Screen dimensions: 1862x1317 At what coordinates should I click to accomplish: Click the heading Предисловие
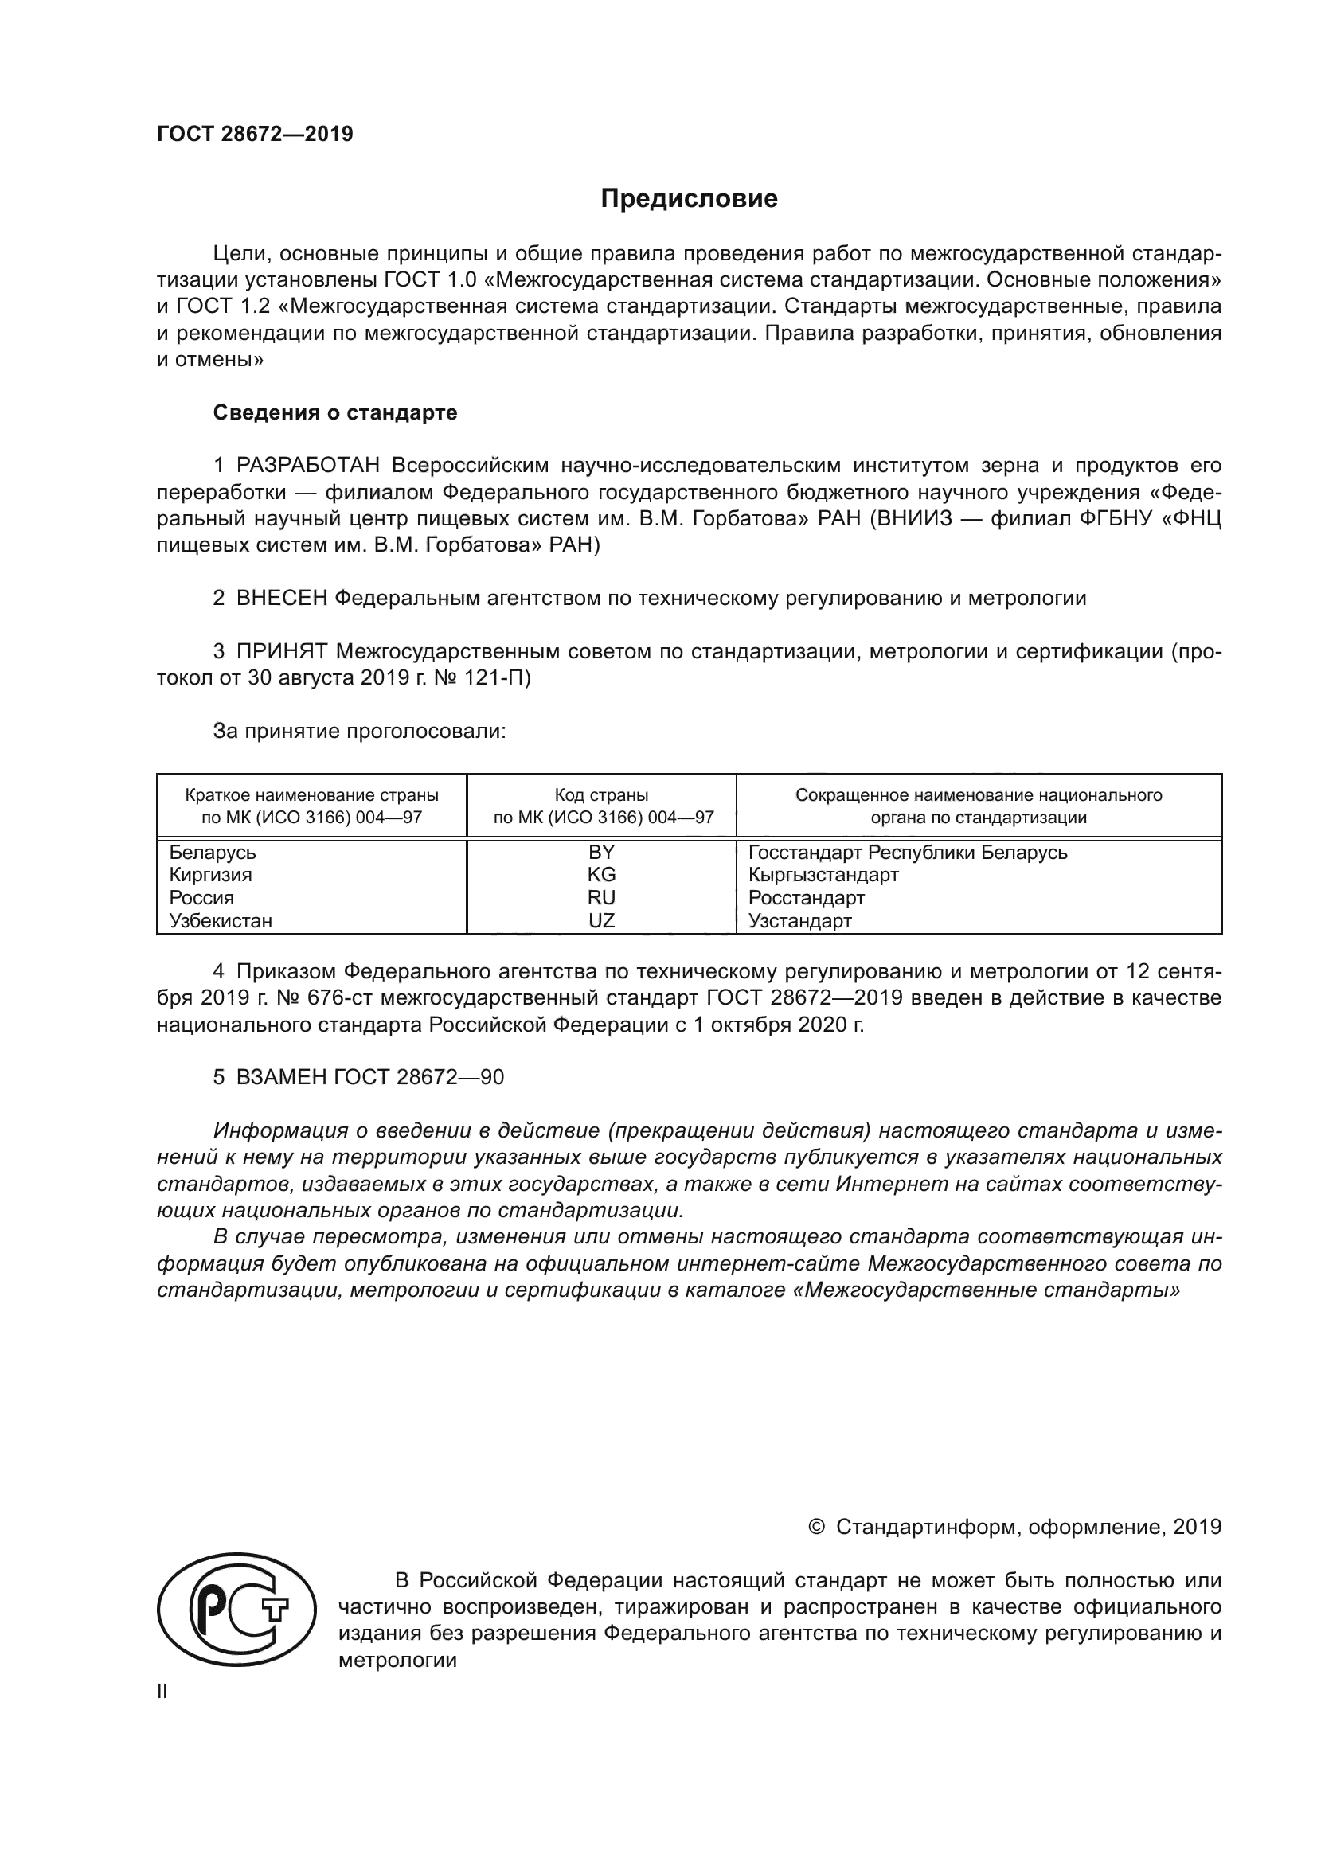click(689, 199)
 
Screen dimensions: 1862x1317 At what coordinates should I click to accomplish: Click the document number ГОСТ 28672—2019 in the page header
click(255, 134)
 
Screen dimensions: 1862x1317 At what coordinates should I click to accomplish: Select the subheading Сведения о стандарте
click(335, 412)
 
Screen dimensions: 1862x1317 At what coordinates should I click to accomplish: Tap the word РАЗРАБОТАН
click(308, 466)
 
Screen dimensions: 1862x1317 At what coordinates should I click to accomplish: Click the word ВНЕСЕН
click(281, 599)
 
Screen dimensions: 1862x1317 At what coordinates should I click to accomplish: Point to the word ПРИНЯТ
click(281, 651)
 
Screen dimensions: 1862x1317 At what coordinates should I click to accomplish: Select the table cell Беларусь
click(213, 853)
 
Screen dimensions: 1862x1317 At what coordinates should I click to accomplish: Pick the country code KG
click(601, 874)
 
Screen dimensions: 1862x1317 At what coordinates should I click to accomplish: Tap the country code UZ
click(601, 920)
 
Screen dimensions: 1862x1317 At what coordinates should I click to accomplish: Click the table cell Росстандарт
click(806, 898)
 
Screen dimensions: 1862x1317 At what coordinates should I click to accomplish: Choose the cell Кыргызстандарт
click(823, 875)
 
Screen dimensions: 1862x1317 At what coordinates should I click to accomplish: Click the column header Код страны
click(601, 795)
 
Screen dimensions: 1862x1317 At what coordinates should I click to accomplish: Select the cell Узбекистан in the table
click(221, 920)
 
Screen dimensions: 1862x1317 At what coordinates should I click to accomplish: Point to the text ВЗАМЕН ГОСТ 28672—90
click(369, 1077)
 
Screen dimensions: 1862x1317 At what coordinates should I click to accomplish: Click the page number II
click(162, 1691)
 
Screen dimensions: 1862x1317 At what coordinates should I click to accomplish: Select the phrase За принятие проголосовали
click(359, 731)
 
